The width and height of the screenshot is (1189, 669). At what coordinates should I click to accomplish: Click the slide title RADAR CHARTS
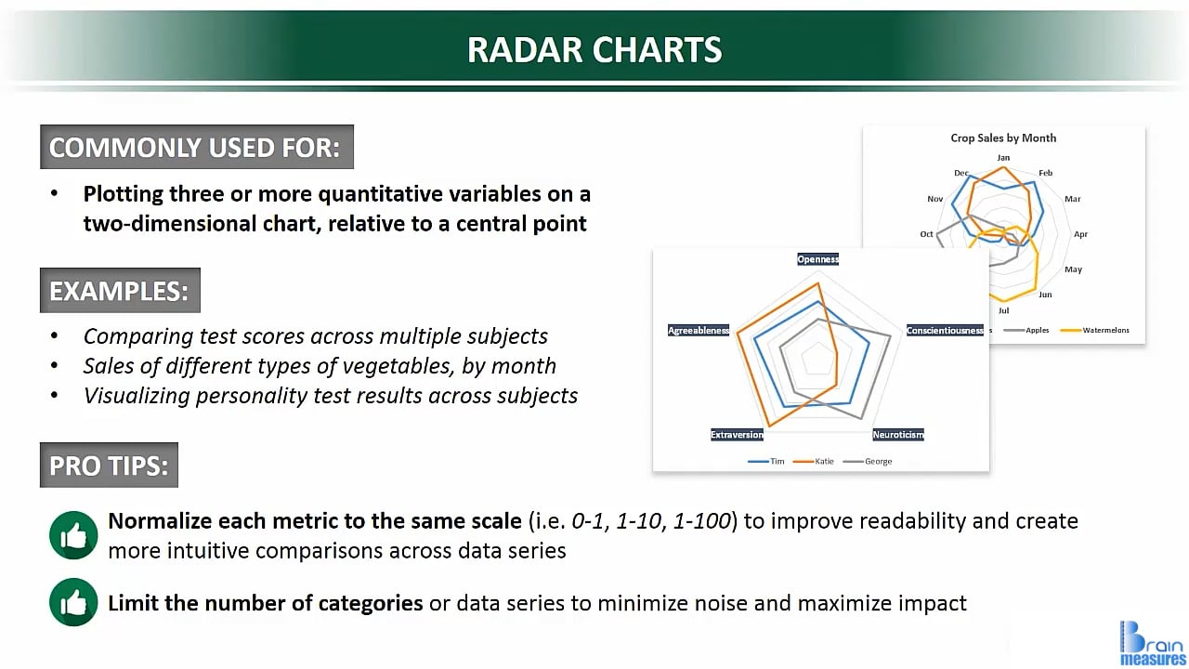pyautogui.click(x=594, y=49)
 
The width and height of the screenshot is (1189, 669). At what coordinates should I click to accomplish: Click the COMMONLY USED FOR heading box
pyautogui.click(x=196, y=147)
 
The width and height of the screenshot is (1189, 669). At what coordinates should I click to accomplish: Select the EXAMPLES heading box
pyautogui.click(x=119, y=291)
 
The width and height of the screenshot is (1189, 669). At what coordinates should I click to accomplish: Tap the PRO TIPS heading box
pyautogui.click(x=109, y=465)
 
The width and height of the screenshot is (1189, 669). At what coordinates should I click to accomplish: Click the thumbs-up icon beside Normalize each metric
pyautogui.click(x=73, y=535)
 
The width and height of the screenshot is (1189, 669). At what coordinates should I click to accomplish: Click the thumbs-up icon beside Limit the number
pyautogui.click(x=73, y=603)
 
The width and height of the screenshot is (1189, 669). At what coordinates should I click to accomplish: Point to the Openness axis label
pyautogui.click(x=817, y=259)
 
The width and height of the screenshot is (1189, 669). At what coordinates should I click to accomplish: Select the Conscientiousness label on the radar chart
pyautogui.click(x=944, y=330)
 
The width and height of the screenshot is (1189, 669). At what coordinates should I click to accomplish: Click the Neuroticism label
pyautogui.click(x=897, y=435)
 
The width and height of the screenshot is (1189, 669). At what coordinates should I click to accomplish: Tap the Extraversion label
pyautogui.click(x=737, y=435)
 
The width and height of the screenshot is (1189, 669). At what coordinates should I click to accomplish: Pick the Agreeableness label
pyautogui.click(x=699, y=330)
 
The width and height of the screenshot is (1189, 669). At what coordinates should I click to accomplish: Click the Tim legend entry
pyautogui.click(x=770, y=461)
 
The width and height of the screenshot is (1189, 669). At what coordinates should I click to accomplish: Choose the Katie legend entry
pyautogui.click(x=818, y=461)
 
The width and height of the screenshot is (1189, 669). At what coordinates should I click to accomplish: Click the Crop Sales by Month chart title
pyautogui.click(x=1003, y=138)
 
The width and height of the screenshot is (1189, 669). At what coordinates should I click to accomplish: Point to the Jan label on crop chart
pyautogui.click(x=1003, y=158)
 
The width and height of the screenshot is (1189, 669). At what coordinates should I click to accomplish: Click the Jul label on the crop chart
pyautogui.click(x=1003, y=310)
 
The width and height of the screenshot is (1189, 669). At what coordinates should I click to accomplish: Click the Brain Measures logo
pyautogui.click(x=1151, y=643)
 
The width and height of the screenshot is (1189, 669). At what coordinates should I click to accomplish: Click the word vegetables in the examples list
pyautogui.click(x=412, y=365)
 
